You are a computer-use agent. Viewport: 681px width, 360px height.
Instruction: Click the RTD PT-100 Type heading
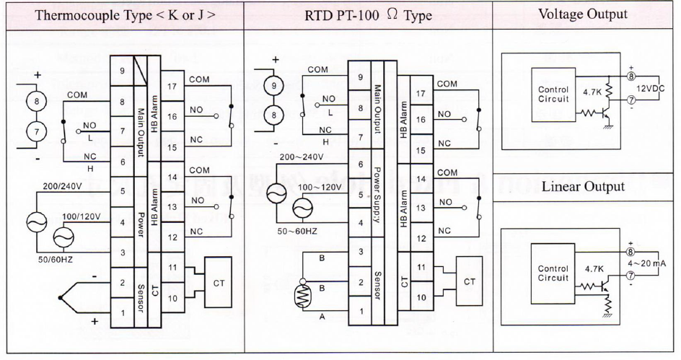(x=368, y=16)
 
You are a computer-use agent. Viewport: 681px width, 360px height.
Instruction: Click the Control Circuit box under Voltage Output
(x=554, y=94)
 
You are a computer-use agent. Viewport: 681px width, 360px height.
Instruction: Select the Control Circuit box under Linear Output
(x=554, y=273)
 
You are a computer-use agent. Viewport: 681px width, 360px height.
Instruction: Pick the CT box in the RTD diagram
(x=469, y=281)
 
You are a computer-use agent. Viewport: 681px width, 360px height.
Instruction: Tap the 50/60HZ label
(x=54, y=258)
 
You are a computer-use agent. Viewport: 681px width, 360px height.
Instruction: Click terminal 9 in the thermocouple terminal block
(x=122, y=70)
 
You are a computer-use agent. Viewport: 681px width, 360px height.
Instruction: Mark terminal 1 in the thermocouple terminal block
(x=122, y=312)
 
